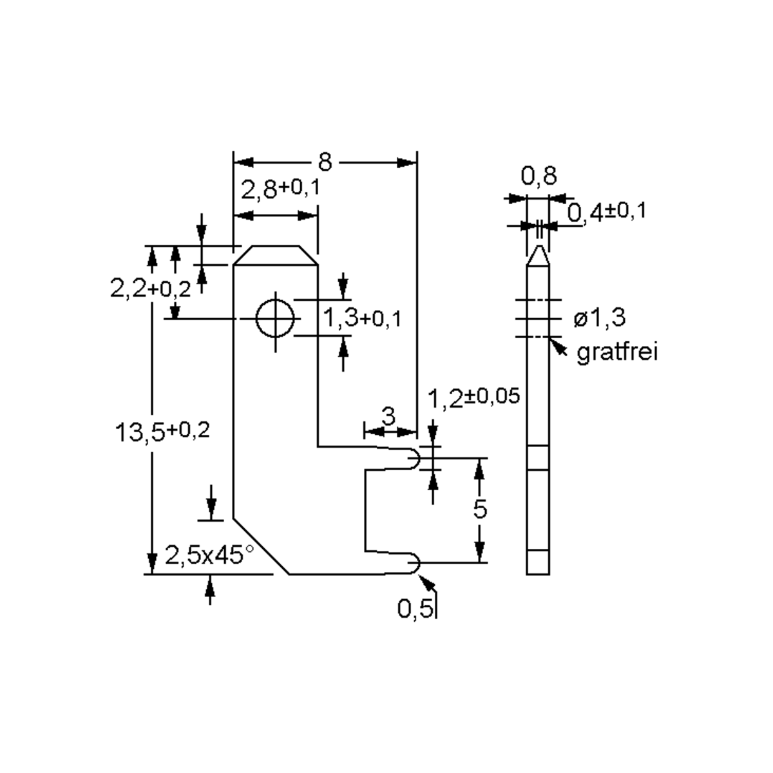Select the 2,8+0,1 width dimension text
click(280, 189)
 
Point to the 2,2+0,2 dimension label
click(151, 289)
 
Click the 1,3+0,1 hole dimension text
click(361, 317)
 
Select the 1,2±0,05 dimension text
click(473, 397)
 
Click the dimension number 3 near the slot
click(388, 417)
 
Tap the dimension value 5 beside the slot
click(480, 510)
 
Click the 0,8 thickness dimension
click(539, 176)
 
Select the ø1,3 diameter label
click(599, 318)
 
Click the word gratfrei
click(617, 352)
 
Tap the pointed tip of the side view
click(539, 250)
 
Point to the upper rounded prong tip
click(415, 458)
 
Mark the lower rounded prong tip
click(415, 563)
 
